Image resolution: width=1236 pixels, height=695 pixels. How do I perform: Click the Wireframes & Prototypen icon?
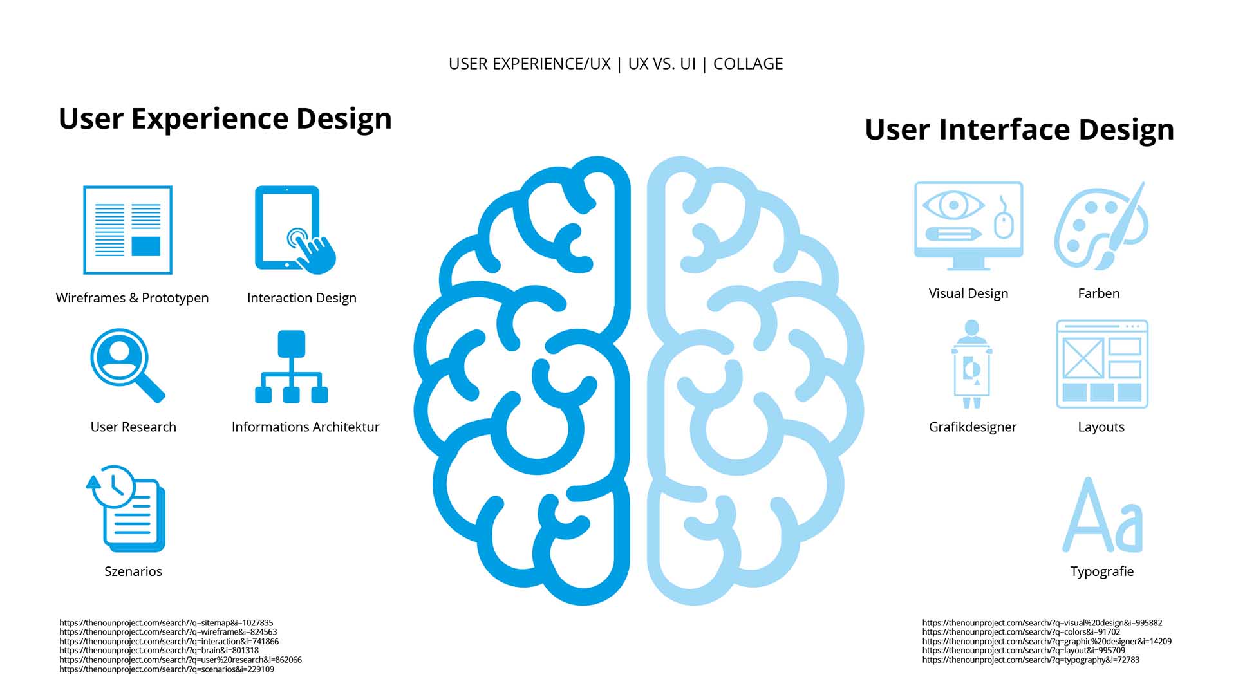[127, 230]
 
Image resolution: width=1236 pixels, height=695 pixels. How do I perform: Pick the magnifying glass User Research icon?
[127, 365]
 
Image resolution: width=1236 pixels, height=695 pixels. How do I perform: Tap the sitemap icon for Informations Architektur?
[292, 367]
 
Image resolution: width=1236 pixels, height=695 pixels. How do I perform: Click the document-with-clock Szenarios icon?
[126, 508]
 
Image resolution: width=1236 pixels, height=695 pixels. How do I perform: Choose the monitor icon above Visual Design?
[968, 225]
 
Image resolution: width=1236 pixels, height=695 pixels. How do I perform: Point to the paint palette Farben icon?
[1100, 226]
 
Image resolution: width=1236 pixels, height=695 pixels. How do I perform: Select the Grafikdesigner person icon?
[971, 364]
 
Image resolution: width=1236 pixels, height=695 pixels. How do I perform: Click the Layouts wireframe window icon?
[1102, 364]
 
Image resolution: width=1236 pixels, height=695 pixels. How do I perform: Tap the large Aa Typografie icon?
[1102, 515]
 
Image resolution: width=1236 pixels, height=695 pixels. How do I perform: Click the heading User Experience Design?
[225, 118]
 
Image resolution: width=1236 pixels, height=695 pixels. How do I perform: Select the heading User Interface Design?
[1020, 129]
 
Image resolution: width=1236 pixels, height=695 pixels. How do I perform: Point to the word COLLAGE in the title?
[748, 64]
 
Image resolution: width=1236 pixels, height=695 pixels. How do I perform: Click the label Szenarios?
[133, 571]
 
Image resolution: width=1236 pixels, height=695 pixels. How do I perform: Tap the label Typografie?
[1102, 571]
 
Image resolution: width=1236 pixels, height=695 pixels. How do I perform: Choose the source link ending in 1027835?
[166, 623]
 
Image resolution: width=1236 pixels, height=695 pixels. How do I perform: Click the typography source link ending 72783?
[1031, 660]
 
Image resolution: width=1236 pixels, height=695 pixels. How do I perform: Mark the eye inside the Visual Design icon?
[953, 206]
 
